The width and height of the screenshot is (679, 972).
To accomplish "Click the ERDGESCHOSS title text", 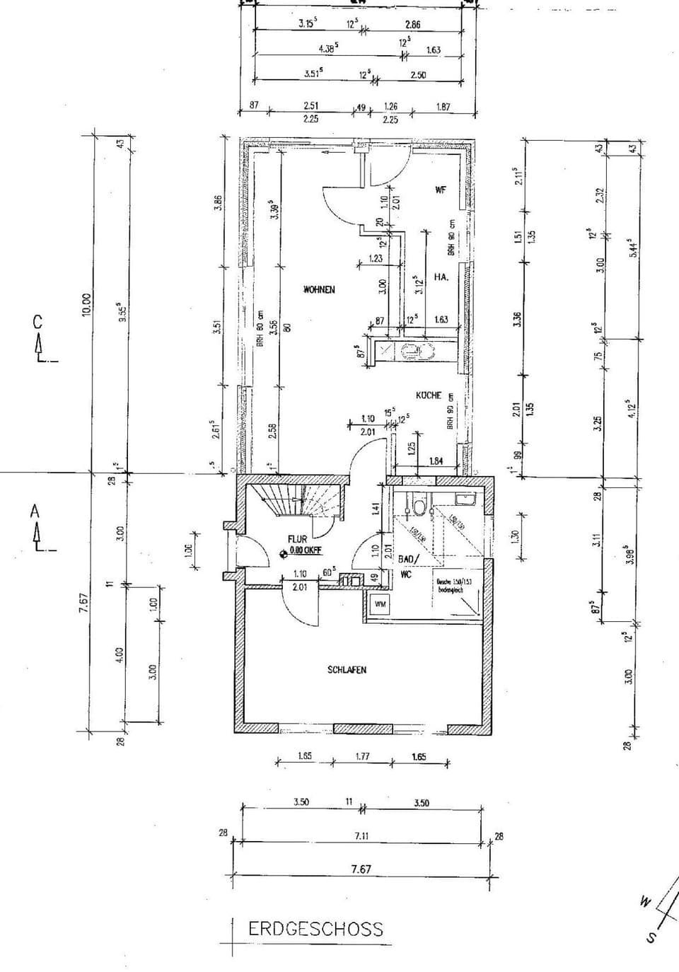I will [x=315, y=929].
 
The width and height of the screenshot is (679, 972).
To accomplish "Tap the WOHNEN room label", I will [x=318, y=289].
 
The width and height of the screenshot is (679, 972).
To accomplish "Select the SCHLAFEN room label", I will [x=347, y=669].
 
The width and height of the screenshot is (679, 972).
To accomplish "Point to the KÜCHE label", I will [x=429, y=395].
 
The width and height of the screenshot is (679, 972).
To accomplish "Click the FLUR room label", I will [x=297, y=538].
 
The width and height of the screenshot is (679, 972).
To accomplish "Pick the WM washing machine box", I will [x=380, y=605].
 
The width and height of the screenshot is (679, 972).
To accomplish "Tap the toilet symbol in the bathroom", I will [x=419, y=507].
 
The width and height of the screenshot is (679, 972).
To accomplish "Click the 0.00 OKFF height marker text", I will [x=306, y=549].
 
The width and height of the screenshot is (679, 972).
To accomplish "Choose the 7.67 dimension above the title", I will [x=361, y=869].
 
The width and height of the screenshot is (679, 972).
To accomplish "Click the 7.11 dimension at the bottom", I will [x=361, y=835].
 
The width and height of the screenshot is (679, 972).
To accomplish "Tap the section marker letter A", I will [x=35, y=511].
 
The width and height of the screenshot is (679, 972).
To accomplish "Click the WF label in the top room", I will [x=440, y=190].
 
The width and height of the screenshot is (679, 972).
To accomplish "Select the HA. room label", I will [x=441, y=277].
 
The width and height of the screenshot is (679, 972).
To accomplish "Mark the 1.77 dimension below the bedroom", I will [x=361, y=756].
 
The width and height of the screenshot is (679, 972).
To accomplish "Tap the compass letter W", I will [x=644, y=901].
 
